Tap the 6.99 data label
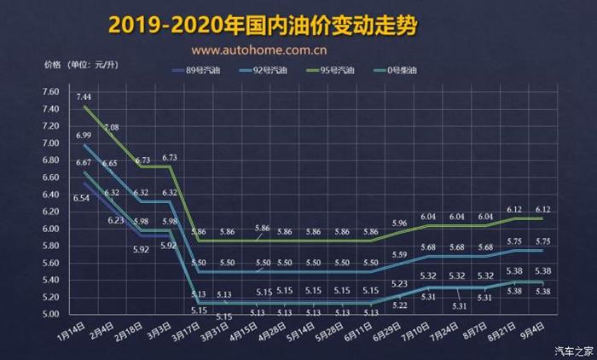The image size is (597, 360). [x=84, y=136]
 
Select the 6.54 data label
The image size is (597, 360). [x=82, y=198]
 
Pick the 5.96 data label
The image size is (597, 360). [x=399, y=224]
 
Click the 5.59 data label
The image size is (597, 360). [x=399, y=255]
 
